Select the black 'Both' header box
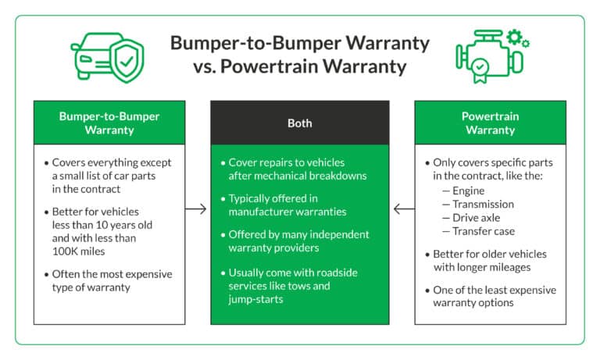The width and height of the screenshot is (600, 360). pyautogui.click(x=299, y=123)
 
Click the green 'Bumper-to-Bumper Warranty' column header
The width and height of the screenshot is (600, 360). pyautogui.click(x=109, y=123)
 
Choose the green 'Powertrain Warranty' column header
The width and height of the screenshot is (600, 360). pyautogui.click(x=490, y=123)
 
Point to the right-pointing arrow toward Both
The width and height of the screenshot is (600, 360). pyautogui.click(x=197, y=209)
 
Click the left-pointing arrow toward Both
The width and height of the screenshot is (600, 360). pyautogui.click(x=403, y=209)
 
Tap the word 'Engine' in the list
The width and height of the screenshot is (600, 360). pyautogui.click(x=469, y=191)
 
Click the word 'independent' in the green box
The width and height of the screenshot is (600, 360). pyautogui.click(x=337, y=234)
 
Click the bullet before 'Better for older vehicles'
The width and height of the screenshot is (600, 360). pyautogui.click(x=427, y=255)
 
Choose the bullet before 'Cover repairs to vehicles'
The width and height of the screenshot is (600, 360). pyautogui.click(x=222, y=162)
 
